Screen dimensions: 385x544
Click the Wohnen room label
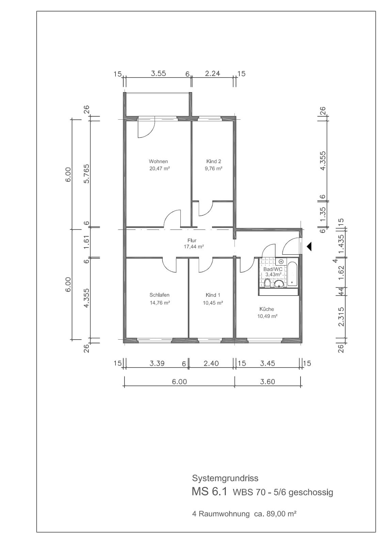pyautogui.click(x=158, y=161)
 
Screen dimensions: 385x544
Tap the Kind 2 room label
pyautogui.click(x=213, y=161)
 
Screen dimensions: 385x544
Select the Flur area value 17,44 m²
pyautogui.click(x=194, y=247)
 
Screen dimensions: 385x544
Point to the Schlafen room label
pyautogui.click(x=159, y=295)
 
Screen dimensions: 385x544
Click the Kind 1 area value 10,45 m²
pyautogui.click(x=213, y=303)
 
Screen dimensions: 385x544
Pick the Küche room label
pyautogui.click(x=267, y=309)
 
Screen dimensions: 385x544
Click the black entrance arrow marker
pyautogui.click(x=309, y=247)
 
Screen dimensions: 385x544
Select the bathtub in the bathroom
pyautogui.click(x=292, y=274)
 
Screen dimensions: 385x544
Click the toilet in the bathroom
pyautogui.click(x=267, y=283)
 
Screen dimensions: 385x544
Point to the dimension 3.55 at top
pyautogui.click(x=158, y=73)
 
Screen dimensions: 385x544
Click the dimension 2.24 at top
pyautogui.click(x=212, y=73)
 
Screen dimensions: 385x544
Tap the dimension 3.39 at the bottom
pyautogui.click(x=157, y=363)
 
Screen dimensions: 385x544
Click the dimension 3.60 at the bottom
pyautogui.click(x=268, y=381)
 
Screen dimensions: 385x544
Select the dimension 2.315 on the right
pyautogui.click(x=341, y=317)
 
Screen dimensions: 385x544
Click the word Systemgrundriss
pyautogui.click(x=225, y=478)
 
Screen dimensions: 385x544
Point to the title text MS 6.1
pyautogui.click(x=209, y=491)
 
